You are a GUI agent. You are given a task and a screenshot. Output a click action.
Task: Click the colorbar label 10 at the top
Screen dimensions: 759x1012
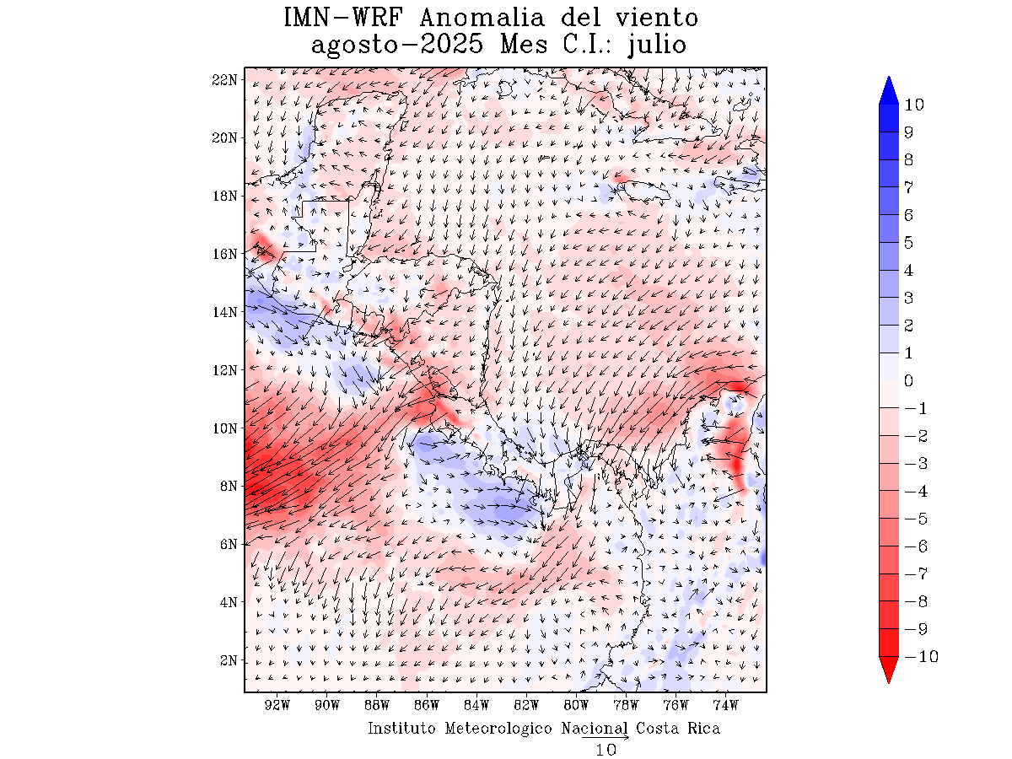(913, 105)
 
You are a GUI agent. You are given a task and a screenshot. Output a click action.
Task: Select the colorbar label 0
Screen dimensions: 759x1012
(908, 381)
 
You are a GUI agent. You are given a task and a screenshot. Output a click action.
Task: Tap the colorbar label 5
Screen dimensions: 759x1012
(908, 243)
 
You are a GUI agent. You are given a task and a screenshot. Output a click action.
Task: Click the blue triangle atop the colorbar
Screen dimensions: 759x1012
(889, 90)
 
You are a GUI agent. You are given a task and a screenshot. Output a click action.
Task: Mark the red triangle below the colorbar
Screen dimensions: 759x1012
(889, 670)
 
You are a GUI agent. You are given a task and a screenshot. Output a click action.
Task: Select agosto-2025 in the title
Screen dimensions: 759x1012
(396, 45)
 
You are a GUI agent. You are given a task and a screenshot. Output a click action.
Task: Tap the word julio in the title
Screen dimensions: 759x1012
(659, 46)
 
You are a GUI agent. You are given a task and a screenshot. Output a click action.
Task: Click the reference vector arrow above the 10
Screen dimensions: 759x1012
(606, 738)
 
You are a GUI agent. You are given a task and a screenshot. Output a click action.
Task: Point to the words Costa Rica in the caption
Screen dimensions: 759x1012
(678, 728)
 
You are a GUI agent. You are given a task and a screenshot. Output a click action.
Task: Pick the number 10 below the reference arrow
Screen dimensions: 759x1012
(606, 750)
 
